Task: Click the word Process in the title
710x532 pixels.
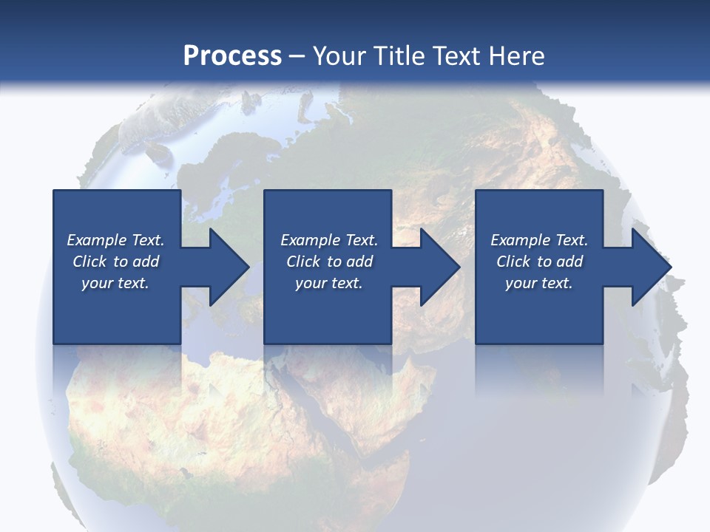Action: coord(232,56)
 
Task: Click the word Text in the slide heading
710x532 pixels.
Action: coord(456,56)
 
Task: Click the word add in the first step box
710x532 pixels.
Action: coord(146,262)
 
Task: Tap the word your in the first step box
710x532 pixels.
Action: coord(96,283)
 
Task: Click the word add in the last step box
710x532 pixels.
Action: coord(569,262)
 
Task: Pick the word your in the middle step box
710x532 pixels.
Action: coord(310,283)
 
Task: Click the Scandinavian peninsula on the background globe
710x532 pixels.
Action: coord(222,177)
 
